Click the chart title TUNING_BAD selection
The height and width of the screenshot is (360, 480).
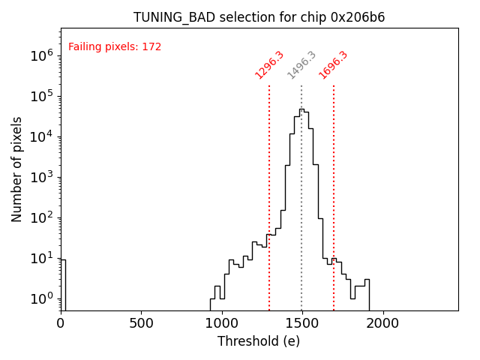pyautogui.click(x=259, y=17)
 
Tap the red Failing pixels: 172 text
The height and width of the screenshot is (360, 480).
pyautogui.click(x=115, y=47)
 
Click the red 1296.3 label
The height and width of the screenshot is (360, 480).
pyautogui.click(x=269, y=64)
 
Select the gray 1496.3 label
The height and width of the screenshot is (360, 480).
pyautogui.click(x=301, y=64)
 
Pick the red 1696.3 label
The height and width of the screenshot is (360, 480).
pyautogui.click(x=333, y=64)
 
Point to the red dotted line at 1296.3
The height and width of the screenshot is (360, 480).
pyautogui.click(x=269, y=187)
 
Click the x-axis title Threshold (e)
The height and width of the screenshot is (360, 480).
pyautogui.click(x=259, y=341)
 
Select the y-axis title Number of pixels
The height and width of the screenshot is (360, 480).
pyautogui.click(x=17, y=169)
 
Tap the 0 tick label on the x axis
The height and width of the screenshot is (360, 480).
pyautogui.click(x=61, y=322)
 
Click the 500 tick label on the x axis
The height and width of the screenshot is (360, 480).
pyautogui.click(x=141, y=322)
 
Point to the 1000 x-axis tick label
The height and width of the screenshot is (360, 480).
pyautogui.click(x=222, y=322)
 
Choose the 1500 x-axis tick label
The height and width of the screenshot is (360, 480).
pyautogui.click(x=302, y=322)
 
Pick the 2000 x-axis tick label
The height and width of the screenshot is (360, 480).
pyautogui.click(x=383, y=322)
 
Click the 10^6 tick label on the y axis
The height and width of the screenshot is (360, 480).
pyautogui.click(x=40, y=55)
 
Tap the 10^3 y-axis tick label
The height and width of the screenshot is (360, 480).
pyautogui.click(x=40, y=177)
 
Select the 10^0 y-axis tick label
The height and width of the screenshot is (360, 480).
pyautogui.click(x=40, y=298)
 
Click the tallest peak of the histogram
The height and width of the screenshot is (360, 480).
pyautogui.click(x=301, y=109)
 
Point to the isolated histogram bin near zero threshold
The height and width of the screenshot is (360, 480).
pyautogui.click(x=63, y=285)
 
